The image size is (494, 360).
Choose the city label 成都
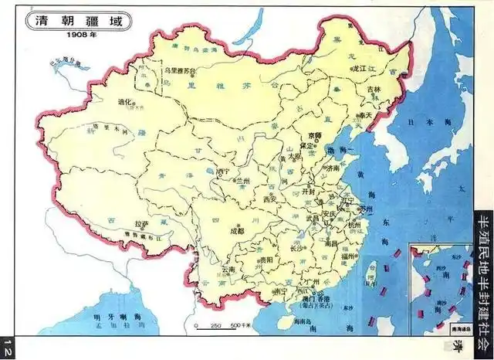click(236, 230)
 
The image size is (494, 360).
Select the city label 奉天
click(363, 115)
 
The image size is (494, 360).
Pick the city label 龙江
click(357, 69)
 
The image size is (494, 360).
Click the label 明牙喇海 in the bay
click(103, 318)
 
